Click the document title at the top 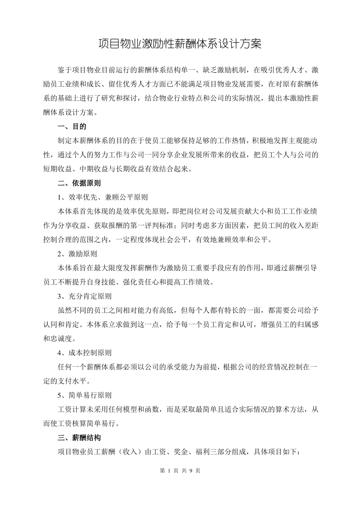(x=180, y=44)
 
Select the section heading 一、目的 (x=72, y=126)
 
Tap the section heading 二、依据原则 (x=79, y=183)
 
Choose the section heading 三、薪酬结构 (x=79, y=438)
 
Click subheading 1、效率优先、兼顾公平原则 (x=102, y=197)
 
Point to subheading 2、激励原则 (x=77, y=254)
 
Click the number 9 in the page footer (x=191, y=471)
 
